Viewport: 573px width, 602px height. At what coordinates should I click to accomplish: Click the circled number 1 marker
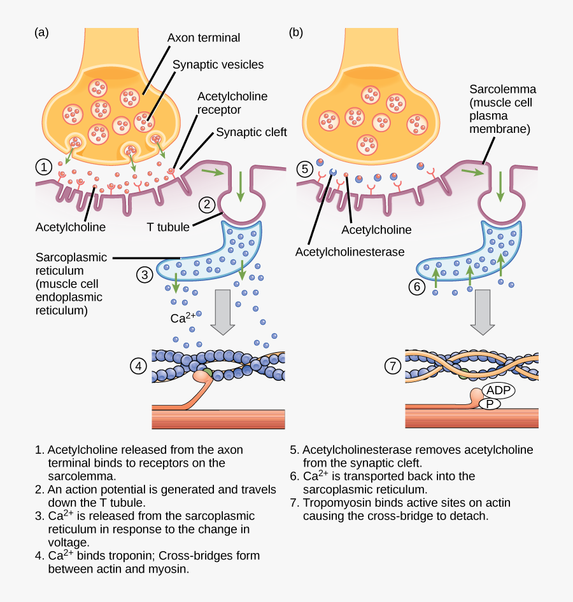pyautogui.click(x=43, y=168)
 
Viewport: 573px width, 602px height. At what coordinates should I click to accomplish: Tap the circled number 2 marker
pyautogui.click(x=208, y=205)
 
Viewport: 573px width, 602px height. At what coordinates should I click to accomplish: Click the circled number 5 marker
pyautogui.click(x=305, y=169)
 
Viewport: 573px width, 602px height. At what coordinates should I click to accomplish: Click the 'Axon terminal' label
pyautogui.click(x=204, y=38)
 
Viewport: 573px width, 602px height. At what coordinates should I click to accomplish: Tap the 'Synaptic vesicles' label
pyautogui.click(x=218, y=65)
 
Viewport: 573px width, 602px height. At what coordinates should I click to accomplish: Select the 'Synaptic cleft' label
pyautogui.click(x=251, y=133)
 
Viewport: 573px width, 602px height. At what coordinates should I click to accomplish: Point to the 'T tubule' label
pyautogui.click(x=166, y=226)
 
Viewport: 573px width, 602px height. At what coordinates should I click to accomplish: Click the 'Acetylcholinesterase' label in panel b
pyautogui.click(x=350, y=252)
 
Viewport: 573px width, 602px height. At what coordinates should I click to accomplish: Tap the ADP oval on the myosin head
pyautogui.click(x=498, y=390)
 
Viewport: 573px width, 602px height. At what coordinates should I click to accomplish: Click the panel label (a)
pyautogui.click(x=41, y=33)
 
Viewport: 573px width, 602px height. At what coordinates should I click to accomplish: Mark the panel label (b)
pyautogui.click(x=296, y=33)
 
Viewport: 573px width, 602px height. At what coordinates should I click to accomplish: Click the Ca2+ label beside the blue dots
pyautogui.click(x=183, y=316)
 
